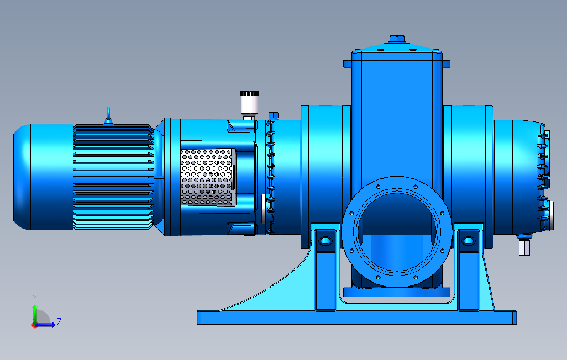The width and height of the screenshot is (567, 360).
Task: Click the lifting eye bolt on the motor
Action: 108,115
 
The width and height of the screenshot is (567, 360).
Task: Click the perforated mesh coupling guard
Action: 207,177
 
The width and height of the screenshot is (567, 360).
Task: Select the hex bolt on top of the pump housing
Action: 397,39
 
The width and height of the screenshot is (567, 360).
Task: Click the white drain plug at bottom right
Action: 524,247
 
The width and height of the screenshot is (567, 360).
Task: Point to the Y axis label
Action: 35,298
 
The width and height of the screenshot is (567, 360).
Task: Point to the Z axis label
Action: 59,321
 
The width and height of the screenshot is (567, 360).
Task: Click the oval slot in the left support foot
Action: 325,241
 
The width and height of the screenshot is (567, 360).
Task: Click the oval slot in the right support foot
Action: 469,241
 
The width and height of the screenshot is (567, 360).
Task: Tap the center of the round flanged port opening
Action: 397,231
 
